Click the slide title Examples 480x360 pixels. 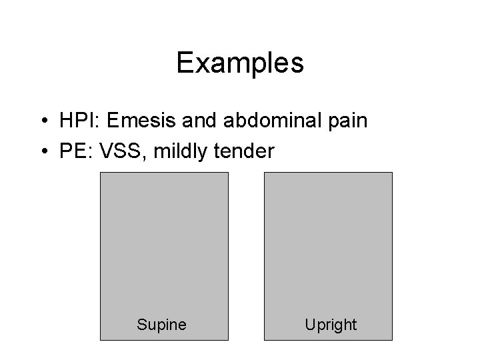click(240, 63)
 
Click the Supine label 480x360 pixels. click(161, 325)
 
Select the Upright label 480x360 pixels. click(331, 325)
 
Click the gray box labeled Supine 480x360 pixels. click(164, 247)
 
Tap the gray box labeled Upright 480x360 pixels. click(329, 247)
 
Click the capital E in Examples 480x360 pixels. click(185, 63)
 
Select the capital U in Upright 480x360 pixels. click(310, 325)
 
